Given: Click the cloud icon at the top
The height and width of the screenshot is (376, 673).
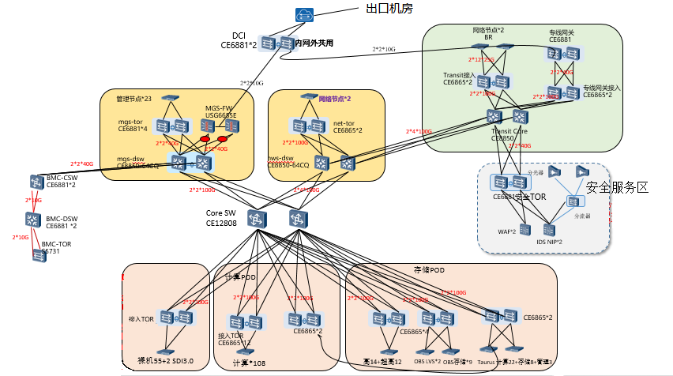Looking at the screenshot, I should pos(305,14).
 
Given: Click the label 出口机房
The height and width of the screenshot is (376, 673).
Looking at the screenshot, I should pos(389,9).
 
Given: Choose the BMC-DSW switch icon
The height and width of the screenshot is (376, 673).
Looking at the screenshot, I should pos(35,219).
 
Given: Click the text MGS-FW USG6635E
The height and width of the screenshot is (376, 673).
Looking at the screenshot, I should pos(220,111).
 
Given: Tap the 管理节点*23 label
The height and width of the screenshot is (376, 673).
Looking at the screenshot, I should pos(133,99).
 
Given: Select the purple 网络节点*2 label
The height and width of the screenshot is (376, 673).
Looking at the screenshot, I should pos(334,99).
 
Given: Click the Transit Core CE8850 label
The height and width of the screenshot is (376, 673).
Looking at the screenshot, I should pos(509,134).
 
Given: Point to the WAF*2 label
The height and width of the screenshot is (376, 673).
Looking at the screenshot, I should pos(506,231).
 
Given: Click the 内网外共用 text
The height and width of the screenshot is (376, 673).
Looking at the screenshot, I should pos(314,43).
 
